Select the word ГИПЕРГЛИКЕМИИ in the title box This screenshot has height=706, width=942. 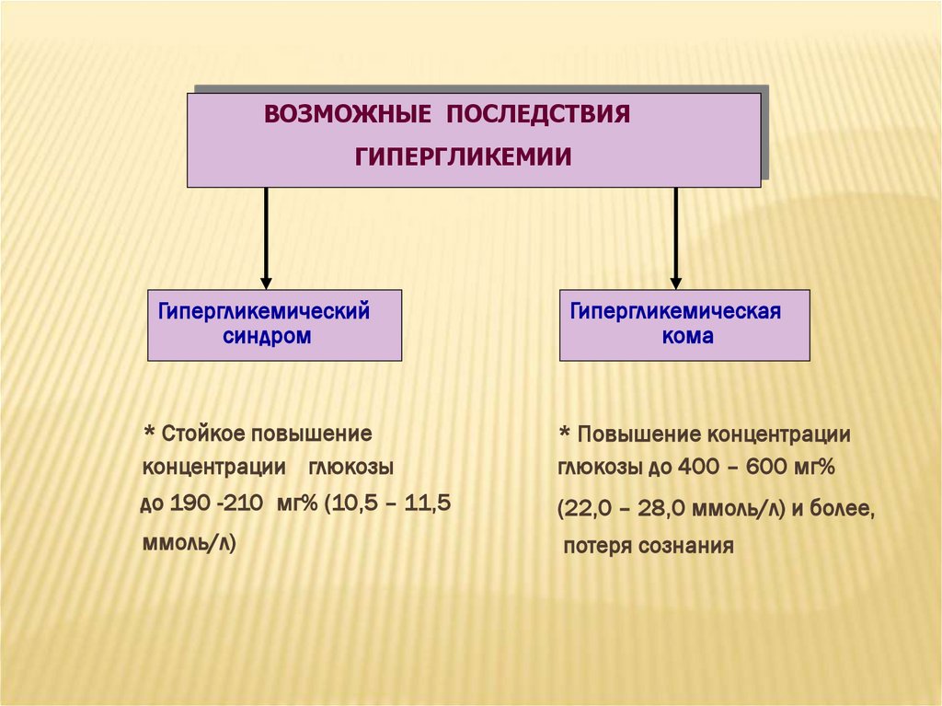[464, 157]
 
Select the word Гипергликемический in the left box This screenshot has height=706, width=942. [264, 311]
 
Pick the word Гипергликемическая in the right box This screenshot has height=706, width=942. [675, 312]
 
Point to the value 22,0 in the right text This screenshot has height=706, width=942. [588, 509]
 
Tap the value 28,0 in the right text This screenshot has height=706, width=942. [669, 509]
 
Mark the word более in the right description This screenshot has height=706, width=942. [842, 509]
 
